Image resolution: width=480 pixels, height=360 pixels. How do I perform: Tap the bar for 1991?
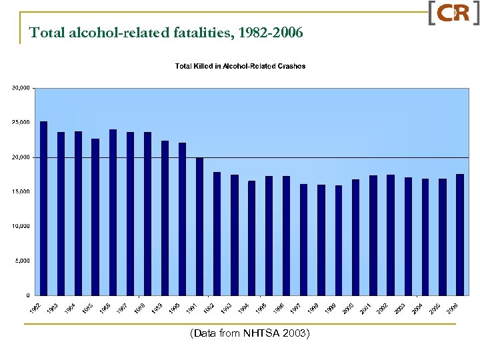click(x=200, y=226)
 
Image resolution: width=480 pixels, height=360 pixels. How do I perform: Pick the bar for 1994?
click(x=252, y=237)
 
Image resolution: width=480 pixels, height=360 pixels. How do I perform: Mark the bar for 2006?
click(x=460, y=234)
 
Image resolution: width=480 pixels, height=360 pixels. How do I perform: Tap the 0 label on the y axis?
click(x=27, y=295)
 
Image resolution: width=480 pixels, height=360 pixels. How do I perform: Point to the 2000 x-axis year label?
click(x=348, y=309)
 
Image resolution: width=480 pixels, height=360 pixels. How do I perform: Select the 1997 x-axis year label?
click(x=296, y=309)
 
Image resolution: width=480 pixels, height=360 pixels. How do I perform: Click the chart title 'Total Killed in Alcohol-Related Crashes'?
click(x=240, y=66)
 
